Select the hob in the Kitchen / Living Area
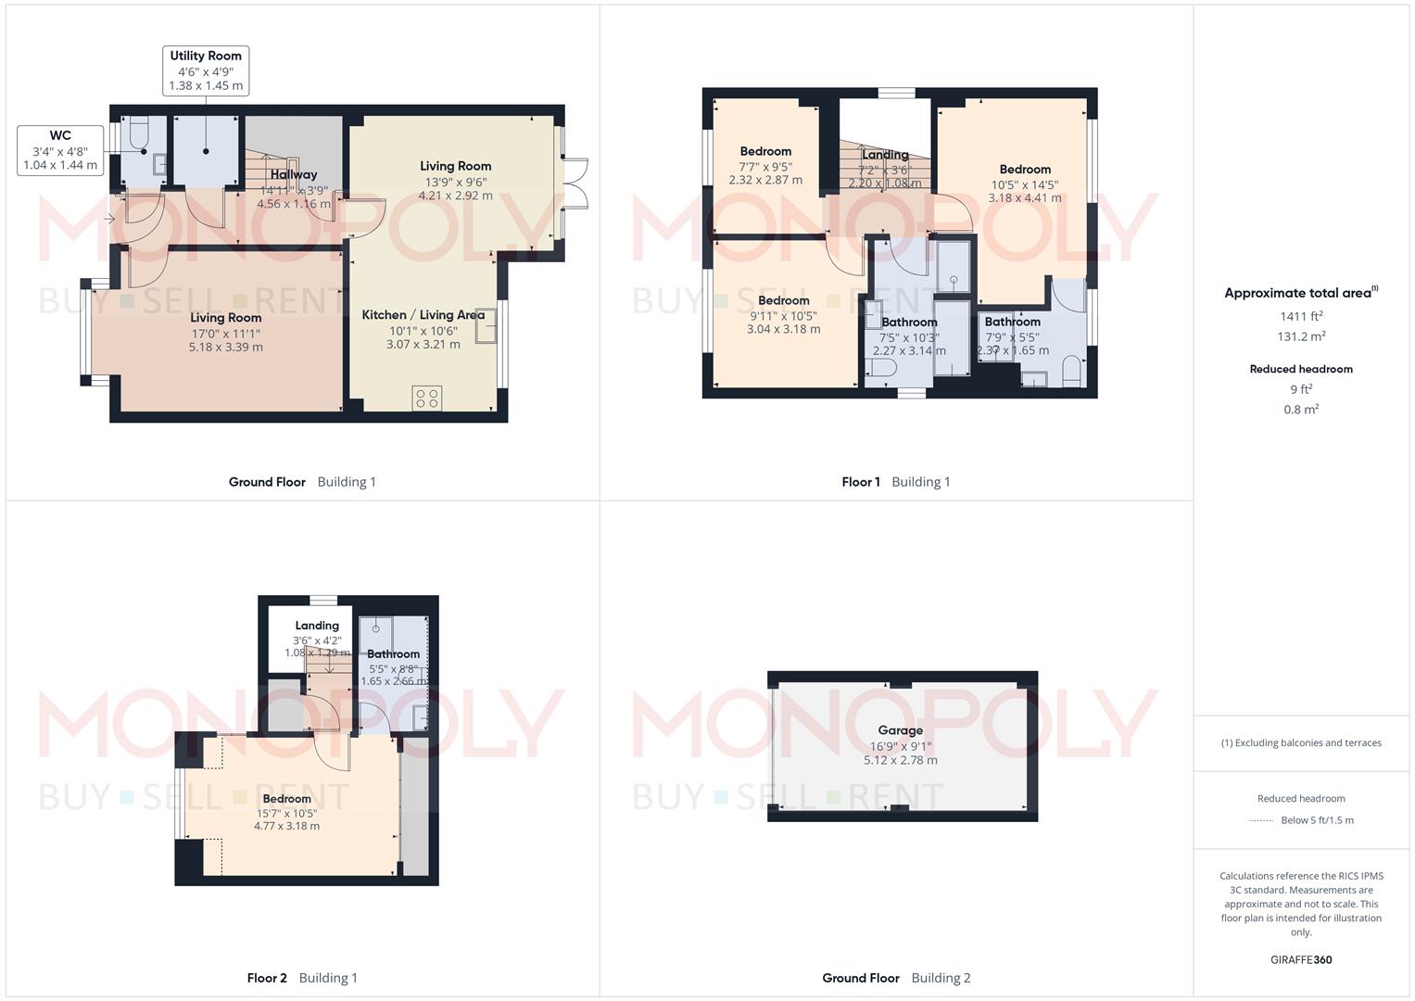tap(427, 398)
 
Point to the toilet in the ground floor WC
tap(138, 133)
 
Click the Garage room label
tap(900, 730)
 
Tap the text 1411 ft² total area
tap(1301, 317)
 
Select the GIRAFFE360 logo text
tap(1301, 959)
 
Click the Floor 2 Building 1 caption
tap(302, 978)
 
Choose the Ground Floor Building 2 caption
tap(896, 978)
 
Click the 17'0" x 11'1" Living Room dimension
tap(225, 334)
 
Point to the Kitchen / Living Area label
tap(423, 315)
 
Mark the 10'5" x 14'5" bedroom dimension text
tap(1025, 184)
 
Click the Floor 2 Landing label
tap(317, 626)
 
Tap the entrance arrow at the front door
tap(110, 220)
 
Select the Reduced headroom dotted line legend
tap(1301, 820)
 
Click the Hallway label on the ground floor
tap(294, 174)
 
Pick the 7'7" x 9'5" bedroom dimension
tap(765, 167)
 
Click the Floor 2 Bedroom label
tap(286, 799)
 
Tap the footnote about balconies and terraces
tap(1301, 742)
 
